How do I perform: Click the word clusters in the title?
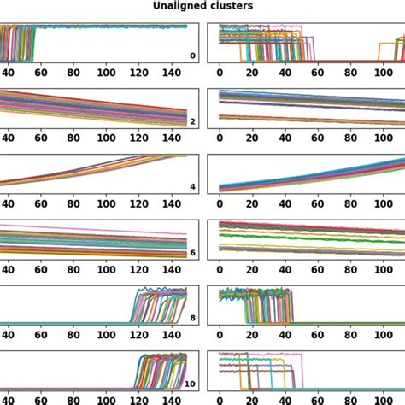[x=227, y=7]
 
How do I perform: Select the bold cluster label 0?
[x=192, y=56]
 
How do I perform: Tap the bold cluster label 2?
[x=192, y=122]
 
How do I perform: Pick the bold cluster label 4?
[x=192, y=186]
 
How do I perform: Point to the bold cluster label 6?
[x=192, y=253]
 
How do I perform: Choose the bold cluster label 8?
[x=192, y=318]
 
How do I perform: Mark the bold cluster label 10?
[x=191, y=384]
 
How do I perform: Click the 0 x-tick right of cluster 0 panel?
[x=220, y=74]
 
